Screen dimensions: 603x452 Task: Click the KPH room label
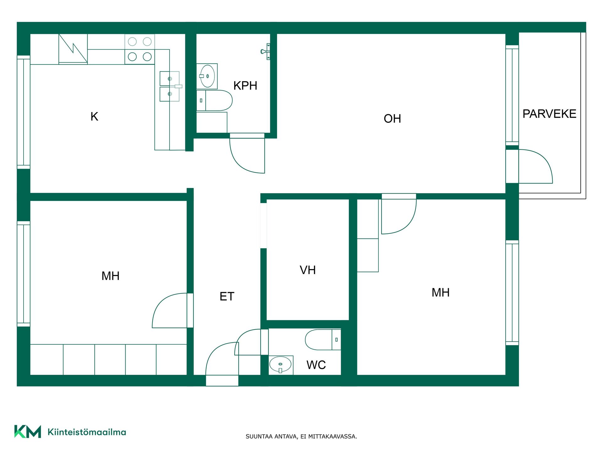click(x=245, y=85)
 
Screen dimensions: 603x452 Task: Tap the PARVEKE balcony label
click(x=549, y=114)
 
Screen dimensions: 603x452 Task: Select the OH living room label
click(x=392, y=119)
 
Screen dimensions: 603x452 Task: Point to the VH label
click(x=308, y=270)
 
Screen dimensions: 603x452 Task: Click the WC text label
click(x=316, y=365)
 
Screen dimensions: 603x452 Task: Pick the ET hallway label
click(x=227, y=296)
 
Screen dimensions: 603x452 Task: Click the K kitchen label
click(x=94, y=116)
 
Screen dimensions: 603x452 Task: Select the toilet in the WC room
click(x=323, y=340)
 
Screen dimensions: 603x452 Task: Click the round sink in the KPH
click(x=207, y=76)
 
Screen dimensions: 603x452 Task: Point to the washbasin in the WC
click(x=281, y=365)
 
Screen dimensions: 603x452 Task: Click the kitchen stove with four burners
click(x=140, y=49)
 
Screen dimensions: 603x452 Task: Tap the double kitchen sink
click(x=170, y=86)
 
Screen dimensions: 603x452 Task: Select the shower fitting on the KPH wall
click(x=266, y=51)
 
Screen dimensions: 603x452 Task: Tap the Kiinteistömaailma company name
click(x=87, y=432)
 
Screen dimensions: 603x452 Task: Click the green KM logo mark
click(x=28, y=432)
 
